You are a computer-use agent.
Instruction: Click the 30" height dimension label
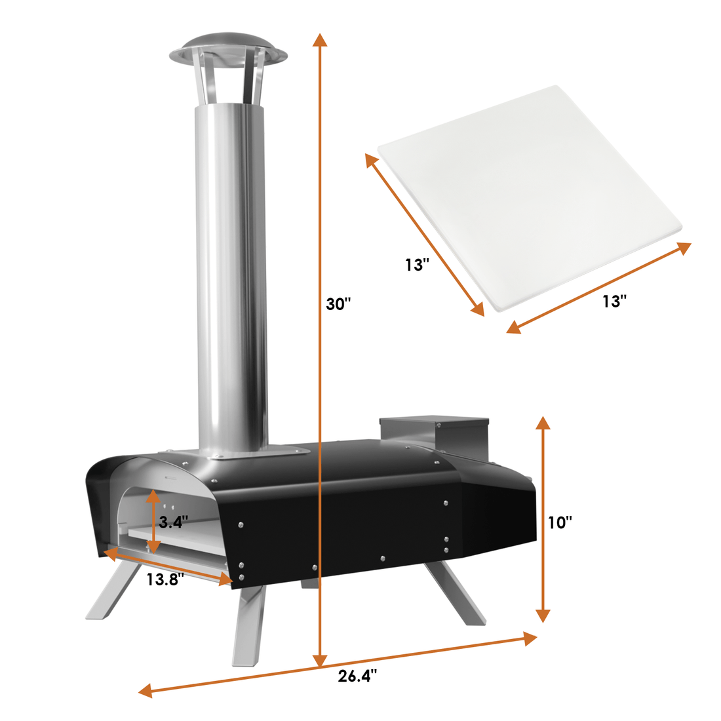[x=338, y=304]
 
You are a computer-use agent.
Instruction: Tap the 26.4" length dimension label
[x=357, y=676]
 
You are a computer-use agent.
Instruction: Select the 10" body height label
[x=560, y=522]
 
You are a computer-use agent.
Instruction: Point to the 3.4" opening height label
[x=173, y=522]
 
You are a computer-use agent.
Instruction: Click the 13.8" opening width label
[x=165, y=579]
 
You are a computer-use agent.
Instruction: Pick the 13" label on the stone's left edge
[x=417, y=265]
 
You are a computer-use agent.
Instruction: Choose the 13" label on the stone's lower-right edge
[x=615, y=302]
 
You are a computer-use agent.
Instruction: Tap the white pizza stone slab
[x=530, y=198]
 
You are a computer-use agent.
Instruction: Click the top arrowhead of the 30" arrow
[x=320, y=39]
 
